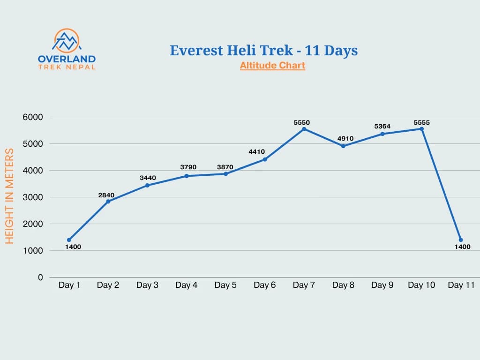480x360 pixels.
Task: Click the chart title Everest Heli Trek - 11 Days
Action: pos(263,51)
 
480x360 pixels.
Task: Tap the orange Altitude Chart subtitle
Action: pos(272,66)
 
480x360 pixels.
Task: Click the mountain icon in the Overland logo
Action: pos(66,41)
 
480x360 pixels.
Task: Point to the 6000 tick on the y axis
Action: pos(33,117)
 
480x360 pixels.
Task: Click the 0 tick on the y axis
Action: pos(40,277)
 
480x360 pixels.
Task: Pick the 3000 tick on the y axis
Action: pos(33,197)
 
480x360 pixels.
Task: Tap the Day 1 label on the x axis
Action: pos(69,285)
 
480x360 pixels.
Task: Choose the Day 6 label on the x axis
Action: pos(265,285)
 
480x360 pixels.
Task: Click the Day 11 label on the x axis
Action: pos(461,285)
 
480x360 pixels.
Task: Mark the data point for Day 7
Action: pos(304,129)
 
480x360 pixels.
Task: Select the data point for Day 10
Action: pos(422,129)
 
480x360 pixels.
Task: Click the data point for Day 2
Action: pos(108,202)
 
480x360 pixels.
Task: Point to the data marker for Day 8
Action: pos(343,146)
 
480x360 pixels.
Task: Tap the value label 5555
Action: pos(421,123)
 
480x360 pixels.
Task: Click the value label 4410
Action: pos(256,151)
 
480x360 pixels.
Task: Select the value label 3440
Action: pos(148,178)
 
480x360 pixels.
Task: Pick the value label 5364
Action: pos(382,127)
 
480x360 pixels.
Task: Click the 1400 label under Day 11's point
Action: pos(462,247)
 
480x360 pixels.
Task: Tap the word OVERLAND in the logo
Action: pos(66,59)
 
